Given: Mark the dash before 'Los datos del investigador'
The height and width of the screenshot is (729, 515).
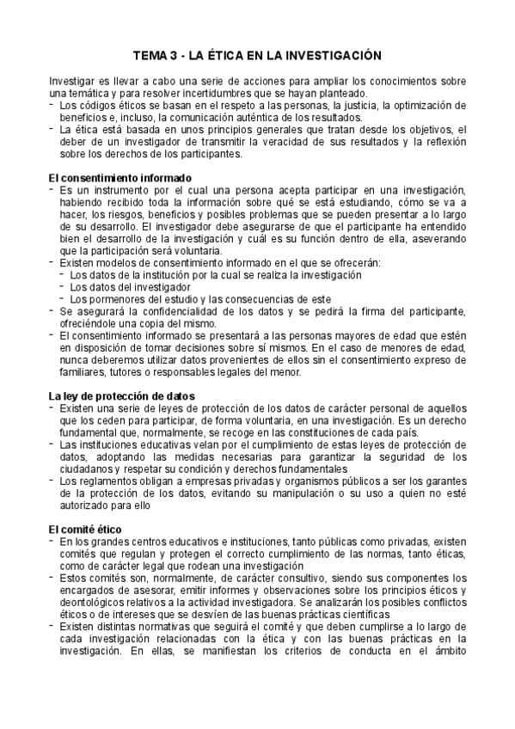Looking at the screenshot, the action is point(62,286).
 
